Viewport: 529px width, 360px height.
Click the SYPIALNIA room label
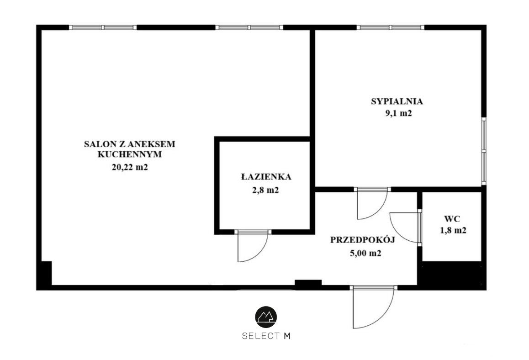point(397,101)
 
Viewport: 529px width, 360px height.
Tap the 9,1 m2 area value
point(398,113)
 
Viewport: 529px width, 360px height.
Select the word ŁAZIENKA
point(266,176)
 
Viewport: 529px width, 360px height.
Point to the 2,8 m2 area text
point(266,191)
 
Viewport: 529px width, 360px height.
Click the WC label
point(452,219)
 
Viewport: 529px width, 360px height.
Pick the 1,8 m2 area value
point(453,230)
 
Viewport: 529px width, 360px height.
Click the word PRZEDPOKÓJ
point(362,240)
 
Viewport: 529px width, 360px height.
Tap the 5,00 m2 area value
point(366,254)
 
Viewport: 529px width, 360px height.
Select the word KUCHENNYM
point(130,154)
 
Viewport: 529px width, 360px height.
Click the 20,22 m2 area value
point(130,167)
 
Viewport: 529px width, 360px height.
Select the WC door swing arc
point(397,233)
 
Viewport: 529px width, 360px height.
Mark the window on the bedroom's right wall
point(484,151)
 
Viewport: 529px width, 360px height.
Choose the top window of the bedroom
point(390,27)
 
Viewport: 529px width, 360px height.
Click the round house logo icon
point(266,317)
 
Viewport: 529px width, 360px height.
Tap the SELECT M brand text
point(266,336)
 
